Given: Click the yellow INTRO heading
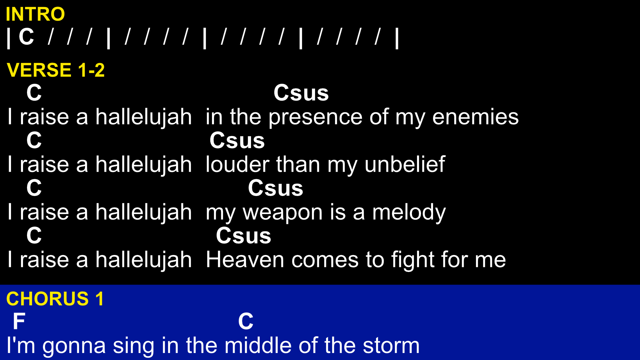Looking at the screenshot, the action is pos(35,14).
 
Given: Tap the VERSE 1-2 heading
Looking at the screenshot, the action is pos(56,70).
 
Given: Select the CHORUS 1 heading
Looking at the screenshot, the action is pos(55,299).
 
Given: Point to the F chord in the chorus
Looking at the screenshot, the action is pos(19,321).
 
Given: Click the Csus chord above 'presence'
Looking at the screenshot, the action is pos(301,93).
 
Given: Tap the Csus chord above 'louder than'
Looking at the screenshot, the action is pos(237,140).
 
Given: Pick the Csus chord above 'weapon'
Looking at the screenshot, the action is pos(275,188).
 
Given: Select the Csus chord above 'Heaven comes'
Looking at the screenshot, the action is pos(243,236).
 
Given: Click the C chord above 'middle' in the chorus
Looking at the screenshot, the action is pos(246,321).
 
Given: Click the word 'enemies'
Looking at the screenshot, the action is pos(475,117).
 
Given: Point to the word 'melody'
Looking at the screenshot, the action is pos(409,212).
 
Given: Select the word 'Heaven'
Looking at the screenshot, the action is pos(245,260).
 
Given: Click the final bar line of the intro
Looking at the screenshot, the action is pos(397,38).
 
